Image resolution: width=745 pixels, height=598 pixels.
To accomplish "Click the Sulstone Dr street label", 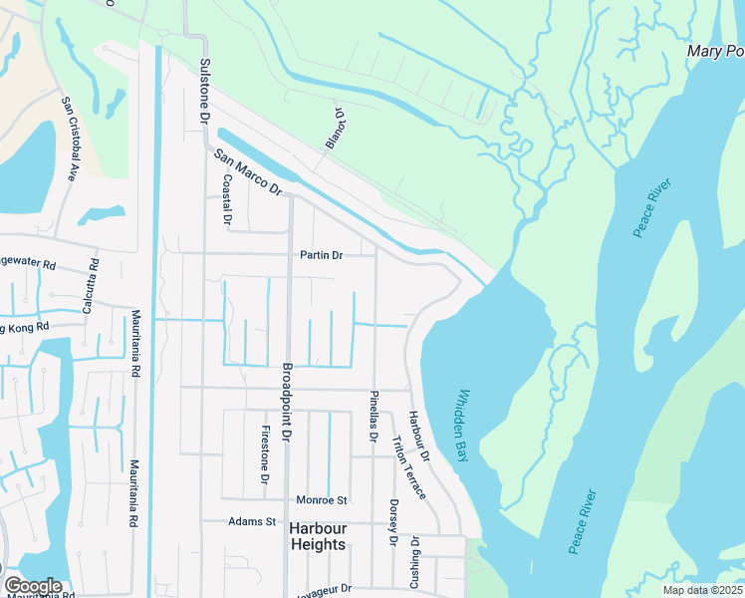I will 205,91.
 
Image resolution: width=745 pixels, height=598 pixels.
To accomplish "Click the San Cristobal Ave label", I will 70,139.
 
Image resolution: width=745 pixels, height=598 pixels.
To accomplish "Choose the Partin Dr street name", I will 322,255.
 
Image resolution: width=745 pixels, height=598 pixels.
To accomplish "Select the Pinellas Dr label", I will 373,416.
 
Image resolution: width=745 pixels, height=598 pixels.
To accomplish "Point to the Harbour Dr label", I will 417,437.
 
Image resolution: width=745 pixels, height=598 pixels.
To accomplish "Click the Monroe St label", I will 321,499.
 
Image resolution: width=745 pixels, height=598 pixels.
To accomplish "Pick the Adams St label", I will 251,521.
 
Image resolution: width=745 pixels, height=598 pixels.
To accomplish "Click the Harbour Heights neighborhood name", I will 318,536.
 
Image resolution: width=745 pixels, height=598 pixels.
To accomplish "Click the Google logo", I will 32,586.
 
